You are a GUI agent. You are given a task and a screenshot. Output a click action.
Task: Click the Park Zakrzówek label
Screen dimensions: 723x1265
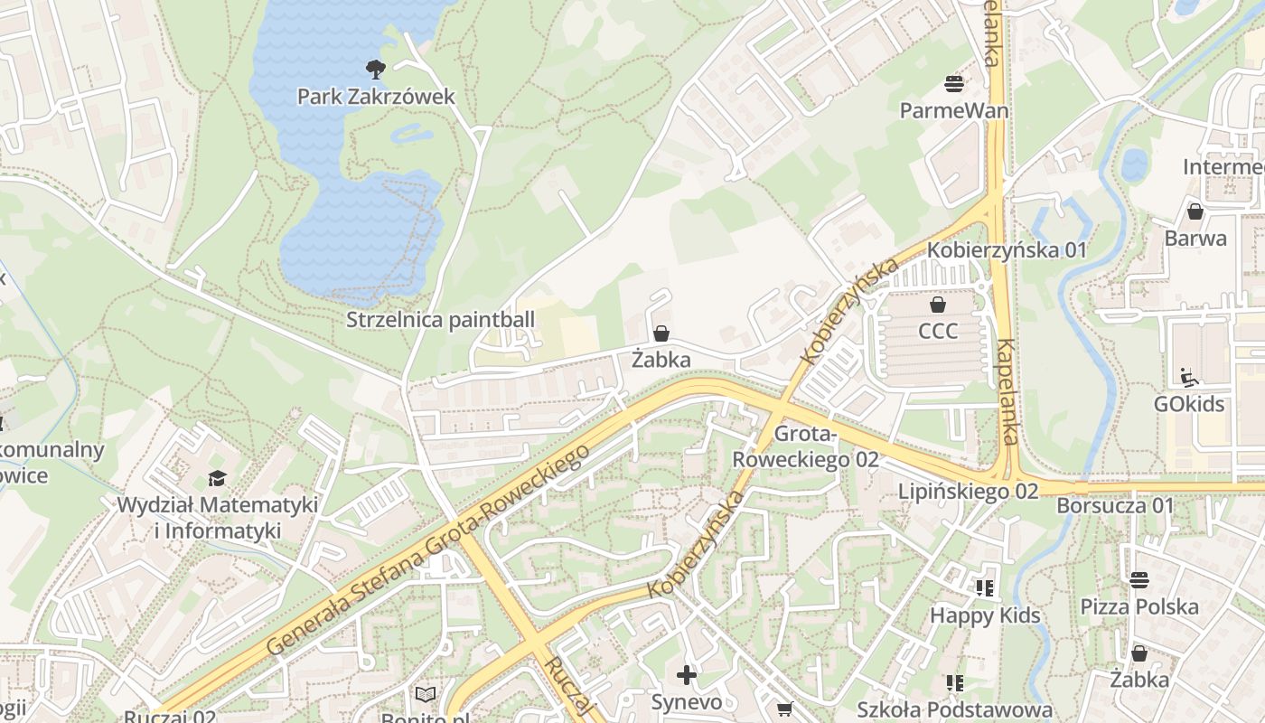point(376,96)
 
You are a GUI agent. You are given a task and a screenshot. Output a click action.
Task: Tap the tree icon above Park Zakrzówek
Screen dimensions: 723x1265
point(375,69)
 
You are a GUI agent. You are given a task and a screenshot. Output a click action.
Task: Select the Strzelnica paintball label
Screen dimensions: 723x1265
point(441,320)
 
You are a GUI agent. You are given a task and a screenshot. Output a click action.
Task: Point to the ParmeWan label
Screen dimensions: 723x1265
point(954,110)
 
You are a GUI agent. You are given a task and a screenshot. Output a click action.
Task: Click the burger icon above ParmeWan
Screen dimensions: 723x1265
point(954,84)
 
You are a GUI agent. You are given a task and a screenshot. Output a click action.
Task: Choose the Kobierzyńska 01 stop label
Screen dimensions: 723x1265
point(1007,249)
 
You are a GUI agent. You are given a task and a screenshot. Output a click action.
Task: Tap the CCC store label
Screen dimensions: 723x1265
point(938,331)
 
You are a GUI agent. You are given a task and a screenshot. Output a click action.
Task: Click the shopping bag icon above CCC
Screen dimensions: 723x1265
point(938,305)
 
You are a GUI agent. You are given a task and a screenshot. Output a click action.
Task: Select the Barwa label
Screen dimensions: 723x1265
point(1195,239)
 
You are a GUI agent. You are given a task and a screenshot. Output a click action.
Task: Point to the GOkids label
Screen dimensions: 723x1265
point(1189,403)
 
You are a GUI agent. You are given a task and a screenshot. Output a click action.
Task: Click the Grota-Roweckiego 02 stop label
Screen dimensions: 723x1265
point(805,446)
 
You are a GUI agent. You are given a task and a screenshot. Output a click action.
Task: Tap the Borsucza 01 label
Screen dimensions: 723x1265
point(1115,505)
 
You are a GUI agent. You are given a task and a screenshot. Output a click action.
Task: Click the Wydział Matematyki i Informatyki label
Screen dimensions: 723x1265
point(217,517)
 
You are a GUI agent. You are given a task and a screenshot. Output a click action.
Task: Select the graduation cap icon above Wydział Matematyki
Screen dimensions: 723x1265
point(217,478)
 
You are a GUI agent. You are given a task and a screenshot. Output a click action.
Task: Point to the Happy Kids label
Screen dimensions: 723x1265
point(985,615)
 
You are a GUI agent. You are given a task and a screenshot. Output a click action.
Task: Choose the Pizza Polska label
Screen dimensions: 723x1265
point(1139,606)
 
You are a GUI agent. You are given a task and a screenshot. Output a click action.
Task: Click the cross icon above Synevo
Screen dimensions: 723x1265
point(687,675)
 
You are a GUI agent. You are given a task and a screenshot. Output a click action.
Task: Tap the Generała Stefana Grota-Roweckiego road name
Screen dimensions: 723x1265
point(428,549)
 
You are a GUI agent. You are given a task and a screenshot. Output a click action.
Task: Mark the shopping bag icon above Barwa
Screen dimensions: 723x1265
point(1195,212)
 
